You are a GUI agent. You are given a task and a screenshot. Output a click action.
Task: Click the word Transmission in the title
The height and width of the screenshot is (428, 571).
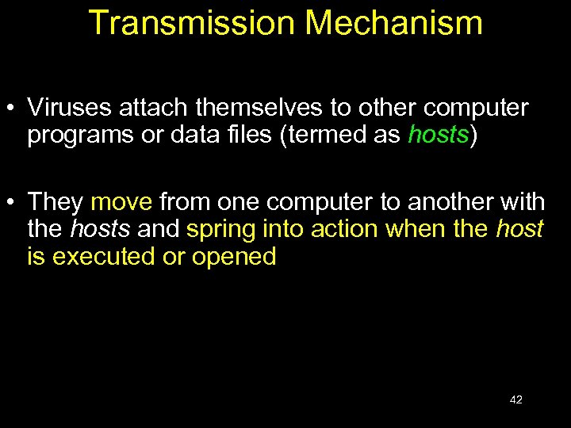click(x=186, y=23)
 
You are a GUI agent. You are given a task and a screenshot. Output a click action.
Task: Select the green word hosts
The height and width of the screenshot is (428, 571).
click(x=439, y=136)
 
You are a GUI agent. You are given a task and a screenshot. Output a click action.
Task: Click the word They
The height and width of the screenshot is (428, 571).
click(x=56, y=202)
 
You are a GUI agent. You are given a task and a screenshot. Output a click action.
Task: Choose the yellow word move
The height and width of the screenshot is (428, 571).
click(x=121, y=202)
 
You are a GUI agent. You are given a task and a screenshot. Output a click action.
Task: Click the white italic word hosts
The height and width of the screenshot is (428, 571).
click(x=99, y=229)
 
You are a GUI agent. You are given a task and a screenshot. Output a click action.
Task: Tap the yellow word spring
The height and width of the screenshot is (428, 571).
click(x=217, y=231)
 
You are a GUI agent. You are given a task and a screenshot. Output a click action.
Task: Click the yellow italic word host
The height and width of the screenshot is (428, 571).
click(x=519, y=229)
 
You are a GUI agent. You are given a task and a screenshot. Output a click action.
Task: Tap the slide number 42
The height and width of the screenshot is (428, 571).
click(x=515, y=399)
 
